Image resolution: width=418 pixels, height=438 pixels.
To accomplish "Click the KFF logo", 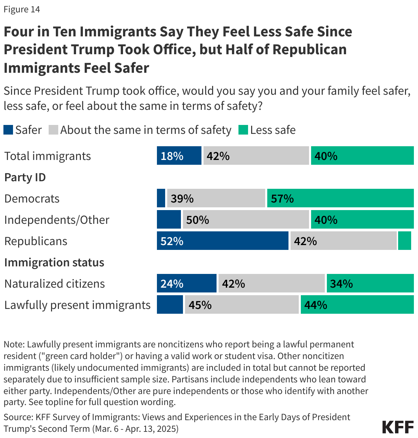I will [x=398, y=427].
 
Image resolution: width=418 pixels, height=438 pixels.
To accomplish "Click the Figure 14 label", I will [x=22, y=9].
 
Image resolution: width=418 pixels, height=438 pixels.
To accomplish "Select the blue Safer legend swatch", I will [x=8, y=130].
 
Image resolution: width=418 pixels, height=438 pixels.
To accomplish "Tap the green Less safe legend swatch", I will [x=243, y=130].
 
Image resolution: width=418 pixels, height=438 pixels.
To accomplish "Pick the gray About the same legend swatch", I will [x=53, y=130].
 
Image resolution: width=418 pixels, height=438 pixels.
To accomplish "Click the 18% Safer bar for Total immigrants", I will [x=179, y=156].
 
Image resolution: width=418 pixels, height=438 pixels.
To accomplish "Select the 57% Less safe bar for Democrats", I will [x=340, y=198].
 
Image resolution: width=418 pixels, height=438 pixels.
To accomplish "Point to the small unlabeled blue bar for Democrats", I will [x=161, y=198].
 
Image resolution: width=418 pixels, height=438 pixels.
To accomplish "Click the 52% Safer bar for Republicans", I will [x=222, y=241].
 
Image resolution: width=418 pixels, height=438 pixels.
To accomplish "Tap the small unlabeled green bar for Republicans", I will [x=405, y=241].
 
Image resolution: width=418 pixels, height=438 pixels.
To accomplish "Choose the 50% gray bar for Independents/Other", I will [x=246, y=220].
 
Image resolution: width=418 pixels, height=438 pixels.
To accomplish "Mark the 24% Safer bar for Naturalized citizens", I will [x=186, y=284].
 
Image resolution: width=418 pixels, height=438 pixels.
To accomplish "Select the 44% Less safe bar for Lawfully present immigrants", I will [x=357, y=305].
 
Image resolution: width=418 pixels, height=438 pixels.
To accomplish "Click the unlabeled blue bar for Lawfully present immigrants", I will [x=170, y=305].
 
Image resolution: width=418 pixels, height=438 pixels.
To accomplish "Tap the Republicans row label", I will [x=36, y=241].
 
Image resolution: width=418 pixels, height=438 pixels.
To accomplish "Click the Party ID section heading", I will [x=25, y=177].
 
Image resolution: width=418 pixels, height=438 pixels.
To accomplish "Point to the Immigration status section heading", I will [x=54, y=263].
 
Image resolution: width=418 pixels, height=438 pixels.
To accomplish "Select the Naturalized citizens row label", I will [x=55, y=284].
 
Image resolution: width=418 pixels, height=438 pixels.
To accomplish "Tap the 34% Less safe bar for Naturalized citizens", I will [x=370, y=284].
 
